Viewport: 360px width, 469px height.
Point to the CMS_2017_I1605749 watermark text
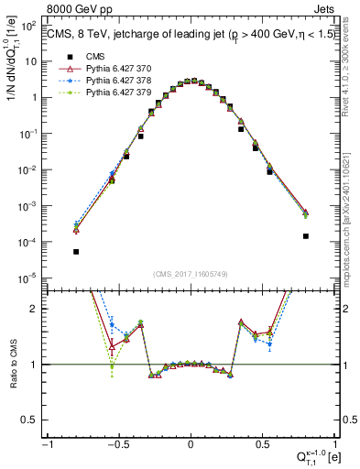[191, 274]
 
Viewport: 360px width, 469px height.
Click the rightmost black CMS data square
[305, 236]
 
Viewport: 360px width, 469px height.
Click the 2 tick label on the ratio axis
[38, 309]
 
